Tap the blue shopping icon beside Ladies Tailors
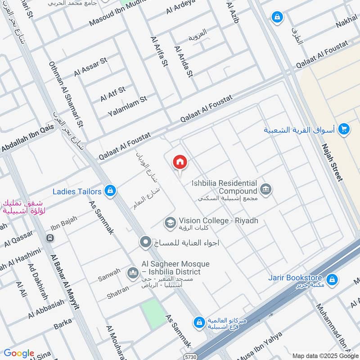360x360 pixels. pyautogui.click(x=109, y=191)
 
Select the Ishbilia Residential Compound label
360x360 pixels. pyautogui.click(x=224, y=187)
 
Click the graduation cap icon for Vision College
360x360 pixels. pyautogui.click(x=170, y=221)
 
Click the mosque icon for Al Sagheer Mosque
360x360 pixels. pyautogui.click(x=133, y=273)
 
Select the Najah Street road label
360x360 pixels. pyautogui.click(x=332, y=162)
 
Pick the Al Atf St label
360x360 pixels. pyautogui.click(x=112, y=94)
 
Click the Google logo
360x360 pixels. pyautogui.click(x=19, y=353)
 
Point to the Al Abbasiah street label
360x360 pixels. pyautogui.click(x=45, y=308)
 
